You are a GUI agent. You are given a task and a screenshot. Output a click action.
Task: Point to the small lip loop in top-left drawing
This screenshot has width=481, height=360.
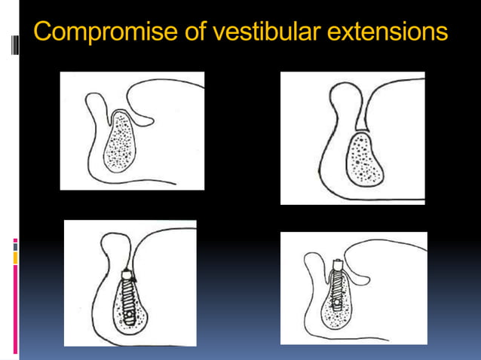[x=97, y=103]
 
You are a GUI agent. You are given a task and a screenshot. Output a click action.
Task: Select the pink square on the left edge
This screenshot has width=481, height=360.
[x=15, y=243]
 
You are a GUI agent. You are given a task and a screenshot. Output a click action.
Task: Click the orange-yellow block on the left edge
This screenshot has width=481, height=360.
[x=15, y=258]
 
